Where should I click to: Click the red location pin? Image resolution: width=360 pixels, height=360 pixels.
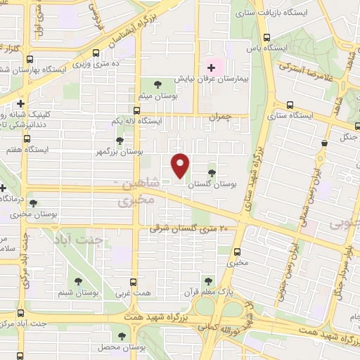181,165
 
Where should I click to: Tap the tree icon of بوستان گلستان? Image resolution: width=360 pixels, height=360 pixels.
212,171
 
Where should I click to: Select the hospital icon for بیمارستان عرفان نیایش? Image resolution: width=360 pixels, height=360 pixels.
211,67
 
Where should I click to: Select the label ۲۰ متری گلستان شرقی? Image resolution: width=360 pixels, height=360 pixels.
190,229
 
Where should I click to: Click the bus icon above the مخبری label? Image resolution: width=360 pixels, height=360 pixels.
237,252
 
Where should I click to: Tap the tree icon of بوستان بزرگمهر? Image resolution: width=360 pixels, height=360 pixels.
121,141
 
